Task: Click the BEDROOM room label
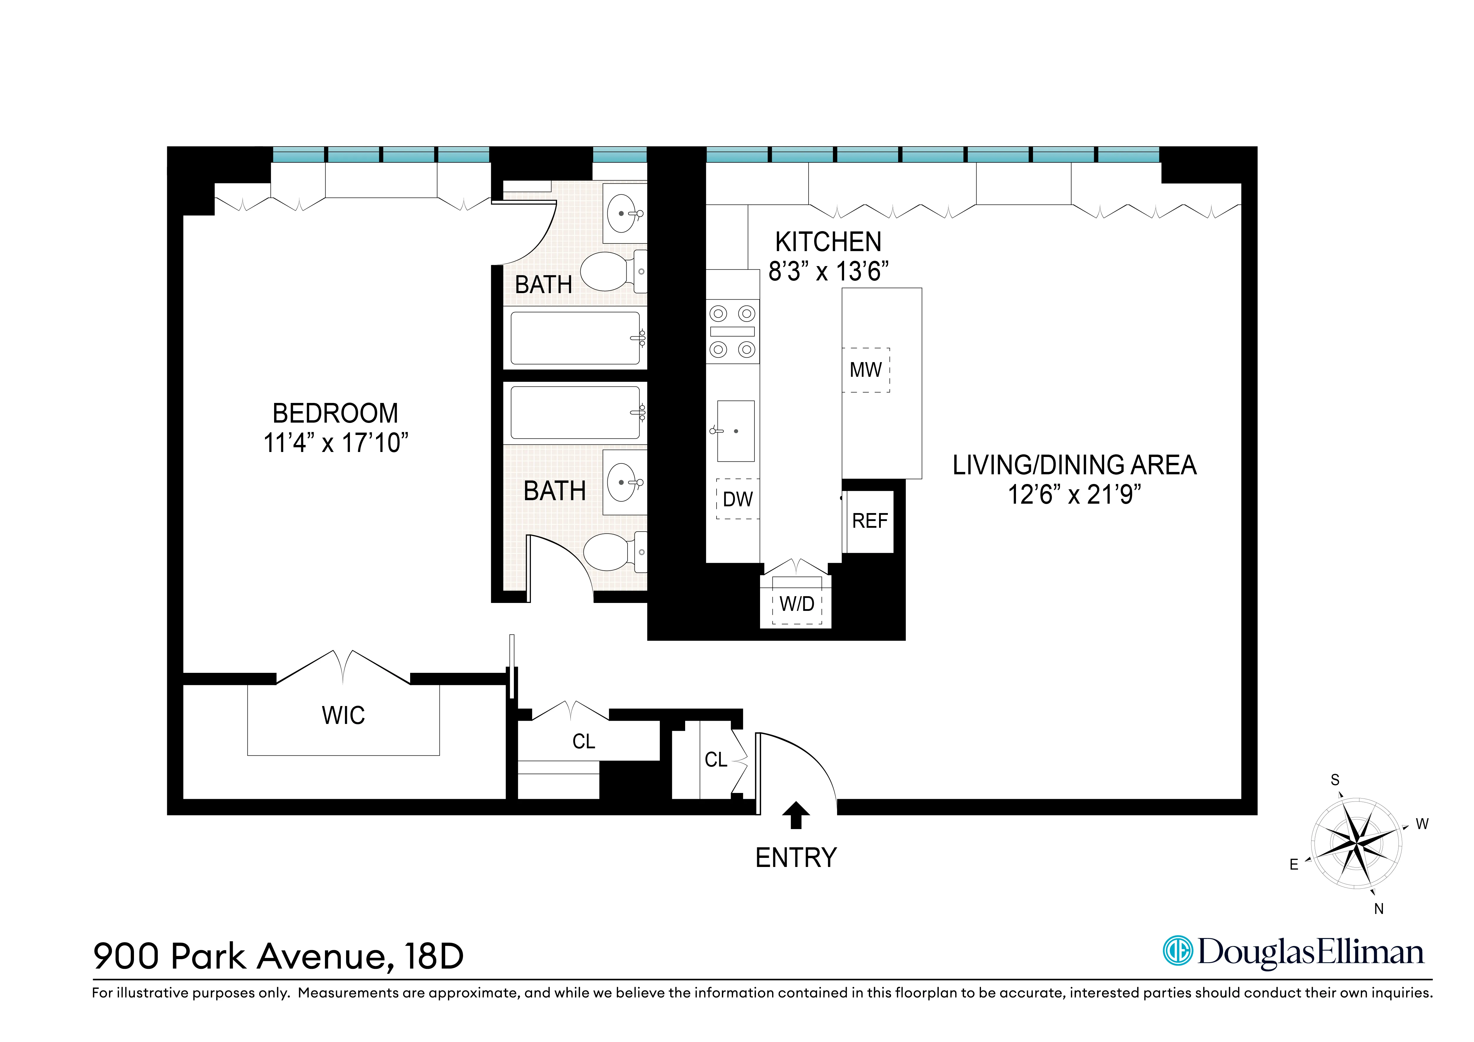335,413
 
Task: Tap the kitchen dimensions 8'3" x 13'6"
828,271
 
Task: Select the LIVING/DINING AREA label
1074,465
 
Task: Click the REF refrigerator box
869,521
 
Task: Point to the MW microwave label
866,370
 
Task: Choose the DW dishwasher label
738,499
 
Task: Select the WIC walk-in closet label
343,715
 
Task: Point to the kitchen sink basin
736,431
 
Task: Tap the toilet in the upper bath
607,271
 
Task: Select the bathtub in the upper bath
575,338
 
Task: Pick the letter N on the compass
1378,909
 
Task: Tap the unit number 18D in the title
434,956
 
